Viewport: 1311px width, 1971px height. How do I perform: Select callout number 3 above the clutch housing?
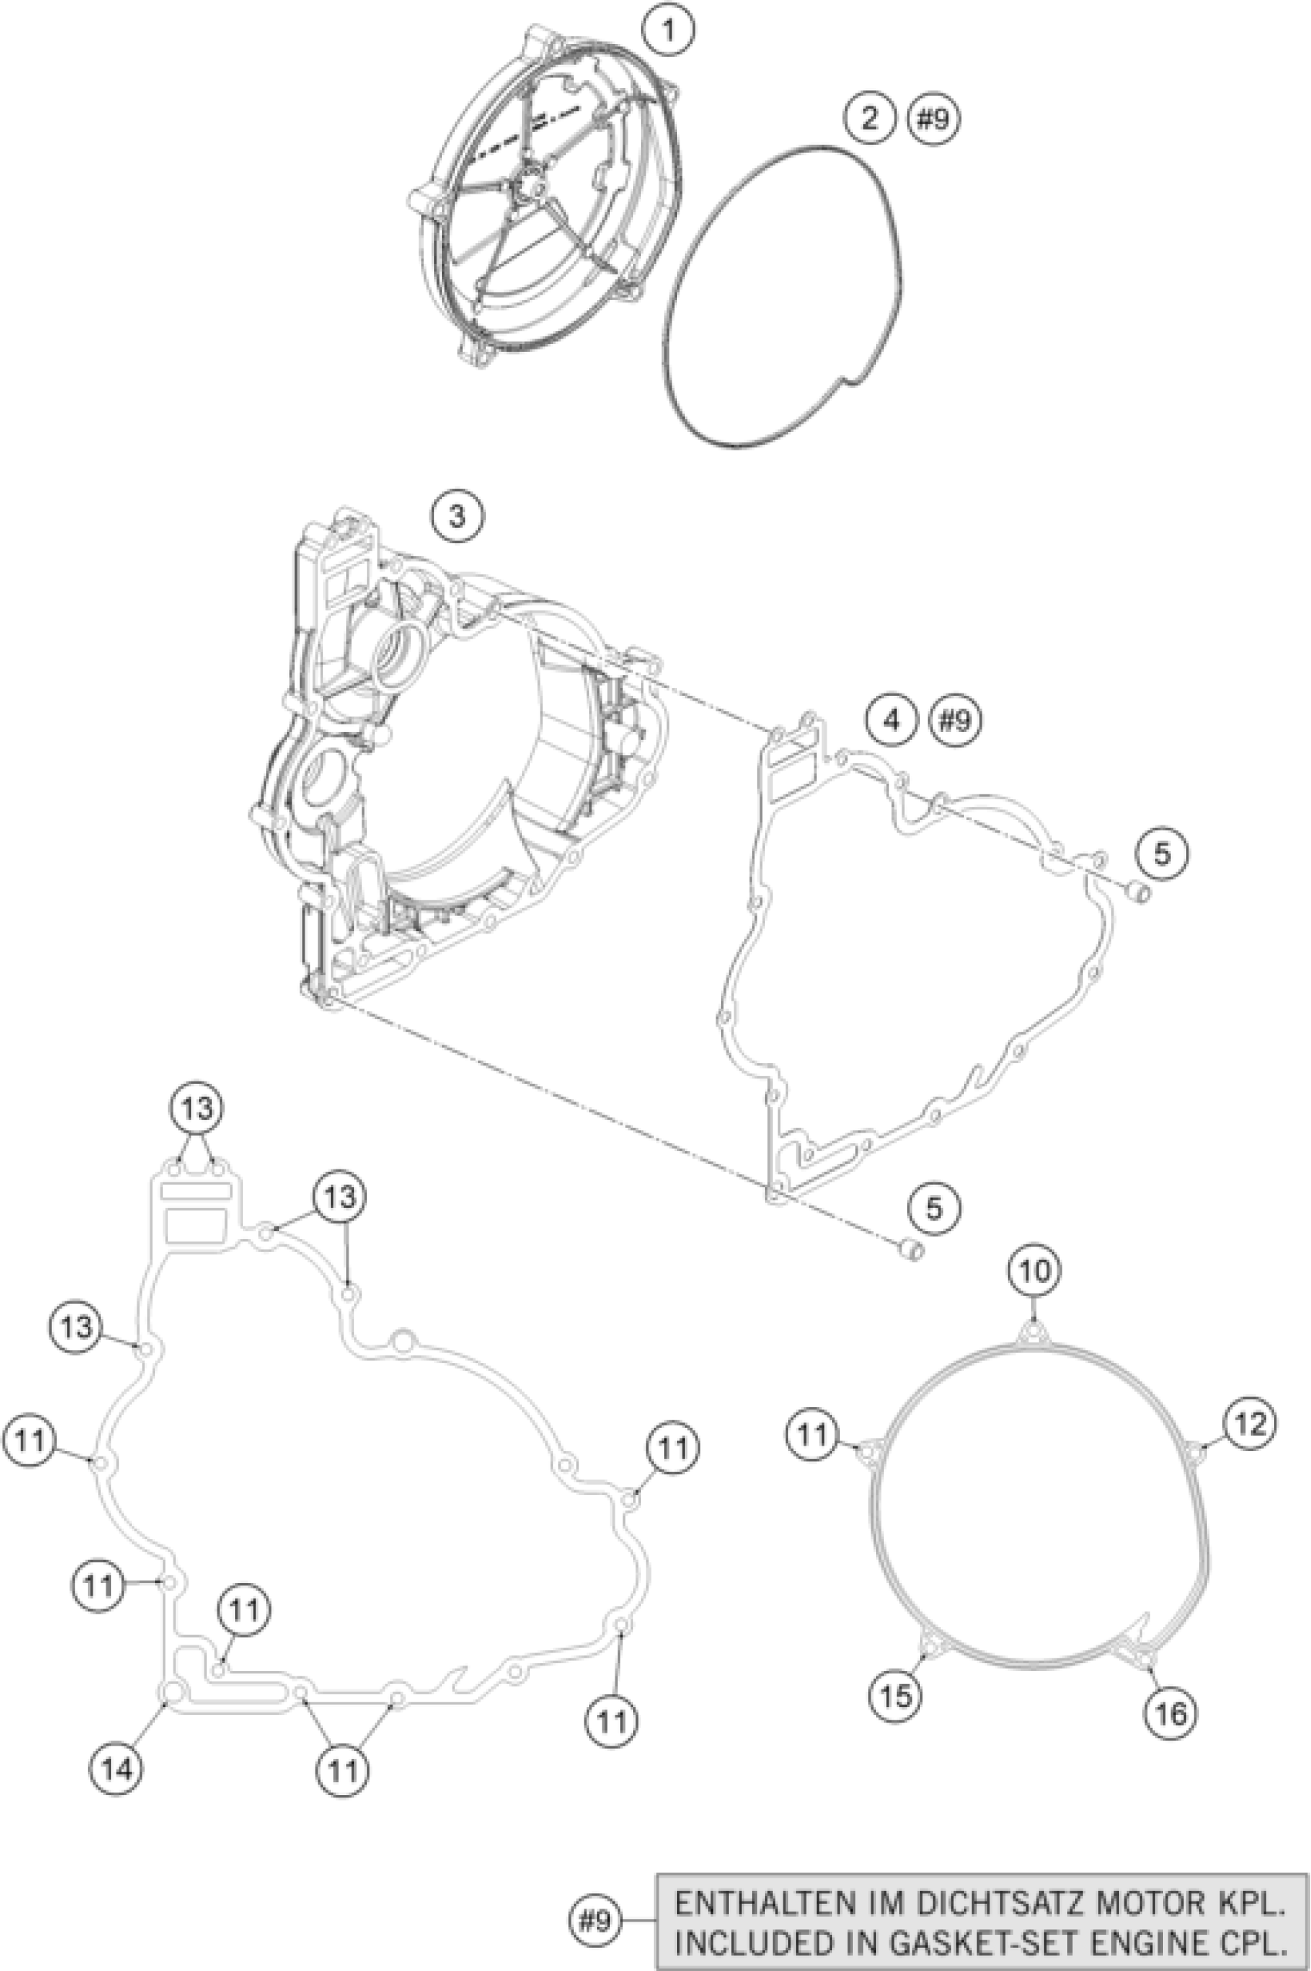(457, 517)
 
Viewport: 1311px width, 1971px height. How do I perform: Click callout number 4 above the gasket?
(892, 718)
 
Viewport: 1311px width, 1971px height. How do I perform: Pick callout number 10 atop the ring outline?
(1034, 1272)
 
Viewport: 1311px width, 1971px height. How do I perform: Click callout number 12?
(1251, 1423)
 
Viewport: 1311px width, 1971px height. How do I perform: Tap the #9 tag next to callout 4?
(955, 719)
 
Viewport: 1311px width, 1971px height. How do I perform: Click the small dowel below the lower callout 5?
(912, 1252)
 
